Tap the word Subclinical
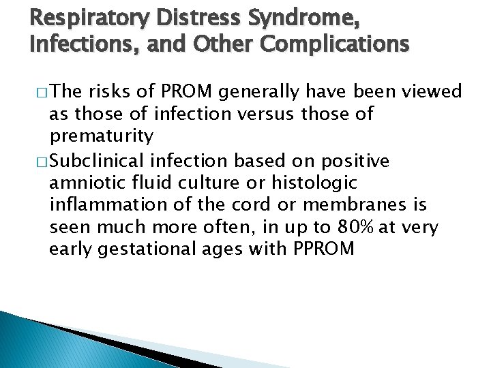(x=102, y=161)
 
